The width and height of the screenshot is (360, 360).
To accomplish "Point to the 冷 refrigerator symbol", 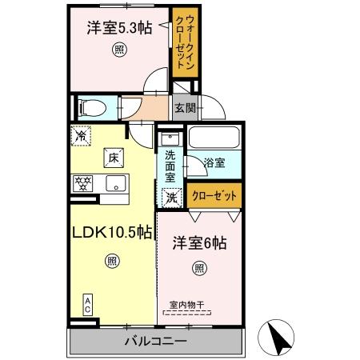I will (80, 136).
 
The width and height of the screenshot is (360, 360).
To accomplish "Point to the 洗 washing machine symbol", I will (170, 196).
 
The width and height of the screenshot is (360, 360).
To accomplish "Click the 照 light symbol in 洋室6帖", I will (198, 269).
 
